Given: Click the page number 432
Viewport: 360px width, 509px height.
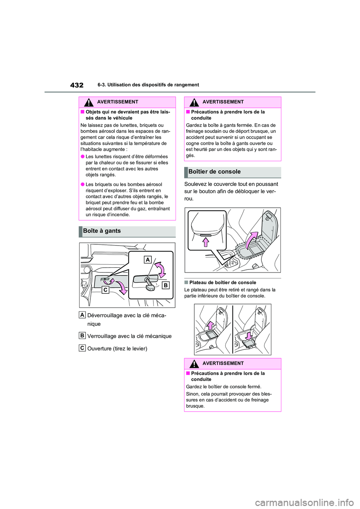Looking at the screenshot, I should pos(77,85).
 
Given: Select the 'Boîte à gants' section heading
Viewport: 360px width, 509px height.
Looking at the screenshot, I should pos(102,231).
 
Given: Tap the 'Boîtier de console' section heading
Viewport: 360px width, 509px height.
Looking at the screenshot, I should pos(214,172).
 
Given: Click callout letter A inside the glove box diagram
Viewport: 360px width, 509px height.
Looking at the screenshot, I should pos(148,259).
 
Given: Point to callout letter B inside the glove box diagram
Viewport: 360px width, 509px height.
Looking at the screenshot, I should pos(165,285).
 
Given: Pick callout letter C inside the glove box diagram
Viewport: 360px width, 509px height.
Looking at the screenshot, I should pos(105,290).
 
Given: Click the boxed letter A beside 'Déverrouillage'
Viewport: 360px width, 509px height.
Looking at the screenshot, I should pos(82,315).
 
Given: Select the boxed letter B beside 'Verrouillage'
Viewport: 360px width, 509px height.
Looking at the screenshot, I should pos(82,335).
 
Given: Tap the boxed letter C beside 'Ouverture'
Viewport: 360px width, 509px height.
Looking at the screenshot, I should pos(82,348).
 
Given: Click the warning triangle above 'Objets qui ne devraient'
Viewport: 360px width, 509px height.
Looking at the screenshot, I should pos(89,102).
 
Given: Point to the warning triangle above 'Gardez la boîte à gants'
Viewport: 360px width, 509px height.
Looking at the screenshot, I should pos(194,102).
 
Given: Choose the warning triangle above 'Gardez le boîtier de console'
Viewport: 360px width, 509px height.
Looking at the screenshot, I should pos(194,364).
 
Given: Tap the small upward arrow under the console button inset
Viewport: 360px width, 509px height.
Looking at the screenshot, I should pos(205,242).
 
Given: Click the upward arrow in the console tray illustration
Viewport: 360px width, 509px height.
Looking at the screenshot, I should pos(211,325).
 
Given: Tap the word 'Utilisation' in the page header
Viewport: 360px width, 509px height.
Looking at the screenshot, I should pos(120,85).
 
